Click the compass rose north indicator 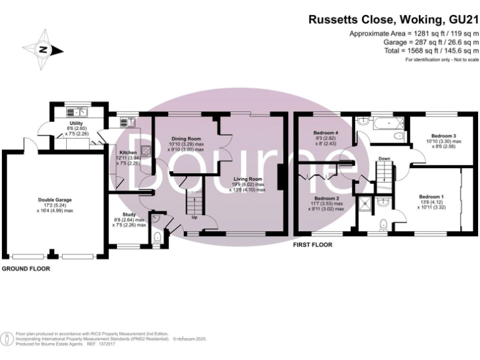(x=42, y=50)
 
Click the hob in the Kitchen (x=146, y=150)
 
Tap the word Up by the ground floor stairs (x=195, y=218)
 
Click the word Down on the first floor (x=385, y=159)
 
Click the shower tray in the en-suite (x=365, y=203)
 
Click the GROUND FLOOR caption (x=26, y=269)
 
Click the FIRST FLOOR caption (x=312, y=245)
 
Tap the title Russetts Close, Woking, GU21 (x=393, y=19)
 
